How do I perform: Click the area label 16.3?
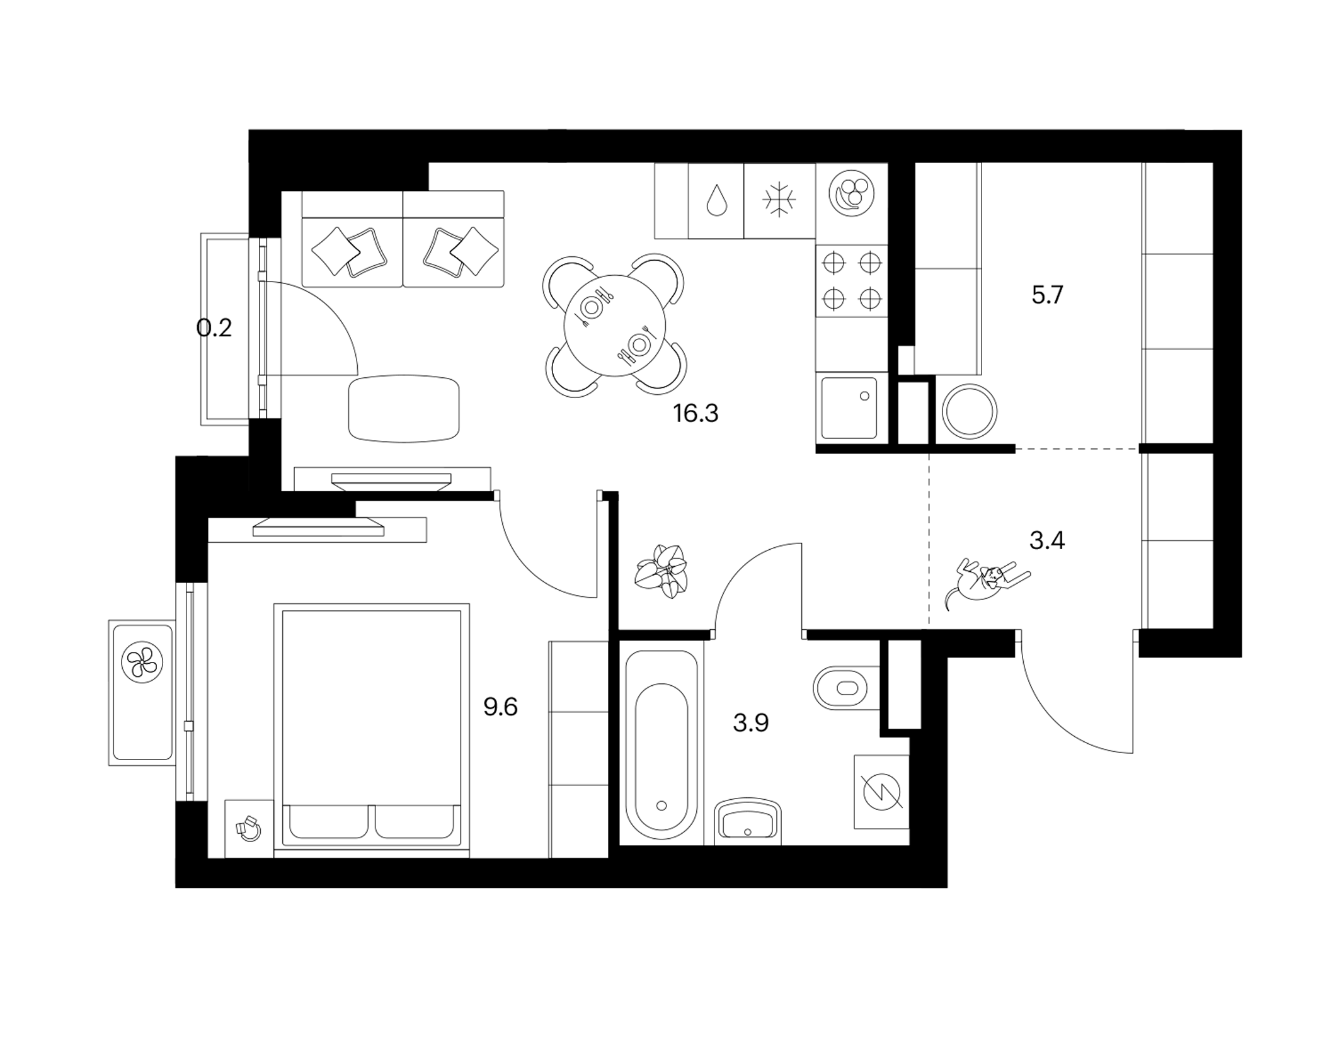[x=696, y=414]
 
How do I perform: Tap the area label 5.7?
[x=1047, y=295]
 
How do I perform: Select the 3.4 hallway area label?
[x=1047, y=540]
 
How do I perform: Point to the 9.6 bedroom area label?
[x=500, y=707]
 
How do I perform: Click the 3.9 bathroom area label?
[x=751, y=723]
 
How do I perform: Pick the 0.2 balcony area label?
[x=214, y=327]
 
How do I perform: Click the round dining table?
[x=614, y=326]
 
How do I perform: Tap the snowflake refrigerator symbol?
[x=779, y=200]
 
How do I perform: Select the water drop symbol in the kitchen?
[x=716, y=200]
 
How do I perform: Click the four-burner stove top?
[x=852, y=281]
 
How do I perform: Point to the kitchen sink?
[x=849, y=408]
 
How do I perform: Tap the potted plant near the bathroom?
[x=661, y=571]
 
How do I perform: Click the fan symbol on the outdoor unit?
[x=142, y=663]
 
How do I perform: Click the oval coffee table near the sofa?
[x=404, y=409]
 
